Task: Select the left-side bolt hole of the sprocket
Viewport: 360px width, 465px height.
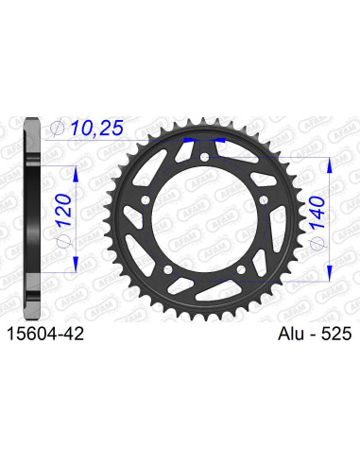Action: click(x=139, y=199)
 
